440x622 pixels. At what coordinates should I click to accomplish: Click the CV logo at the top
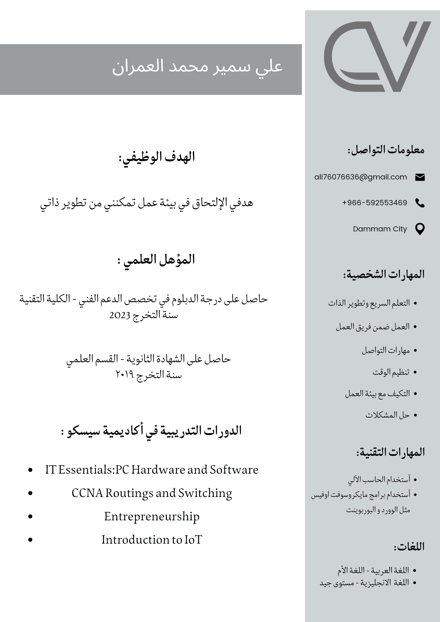tap(377, 57)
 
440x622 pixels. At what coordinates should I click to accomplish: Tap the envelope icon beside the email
tap(420, 177)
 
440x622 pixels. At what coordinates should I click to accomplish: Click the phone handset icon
tap(420, 203)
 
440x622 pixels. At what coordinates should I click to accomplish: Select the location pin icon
tap(420, 229)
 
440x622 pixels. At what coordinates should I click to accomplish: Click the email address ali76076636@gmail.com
tap(361, 177)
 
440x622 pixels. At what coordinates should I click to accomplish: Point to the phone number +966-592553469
tap(374, 203)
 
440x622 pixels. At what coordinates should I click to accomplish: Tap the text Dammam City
tap(380, 229)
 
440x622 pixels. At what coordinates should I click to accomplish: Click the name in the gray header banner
tap(197, 66)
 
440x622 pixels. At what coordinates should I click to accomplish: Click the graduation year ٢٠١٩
tap(124, 375)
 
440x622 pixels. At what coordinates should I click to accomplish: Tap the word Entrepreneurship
tap(152, 517)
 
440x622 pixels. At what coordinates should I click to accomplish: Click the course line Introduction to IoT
tap(152, 540)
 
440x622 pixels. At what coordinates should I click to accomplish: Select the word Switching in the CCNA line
tap(205, 493)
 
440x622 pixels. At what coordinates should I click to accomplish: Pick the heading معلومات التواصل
tap(386, 150)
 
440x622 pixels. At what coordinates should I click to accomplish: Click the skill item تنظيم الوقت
tap(391, 372)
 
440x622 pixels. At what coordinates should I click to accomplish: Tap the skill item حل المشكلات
tap(387, 415)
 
